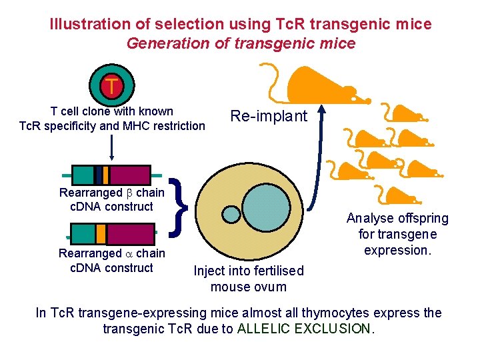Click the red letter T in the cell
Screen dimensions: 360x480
pyautogui.click(x=112, y=86)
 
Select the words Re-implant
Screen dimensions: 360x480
pyautogui.click(x=269, y=116)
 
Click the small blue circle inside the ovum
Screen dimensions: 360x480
pyautogui.click(x=231, y=214)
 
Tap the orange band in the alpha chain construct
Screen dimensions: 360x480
pyautogui.click(x=101, y=233)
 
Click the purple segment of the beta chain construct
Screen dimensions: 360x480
pyautogui.click(x=129, y=175)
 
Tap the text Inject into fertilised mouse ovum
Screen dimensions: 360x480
pyautogui.click(x=248, y=279)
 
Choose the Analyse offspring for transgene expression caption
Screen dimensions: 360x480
pyautogui.click(x=397, y=234)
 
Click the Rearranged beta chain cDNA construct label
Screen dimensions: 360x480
pyautogui.click(x=111, y=199)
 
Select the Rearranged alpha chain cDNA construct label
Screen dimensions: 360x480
pyautogui.click(x=111, y=261)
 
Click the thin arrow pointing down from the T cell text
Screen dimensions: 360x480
pyautogui.click(x=111, y=146)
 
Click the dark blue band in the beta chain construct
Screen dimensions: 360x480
pyautogui.click(x=99, y=175)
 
